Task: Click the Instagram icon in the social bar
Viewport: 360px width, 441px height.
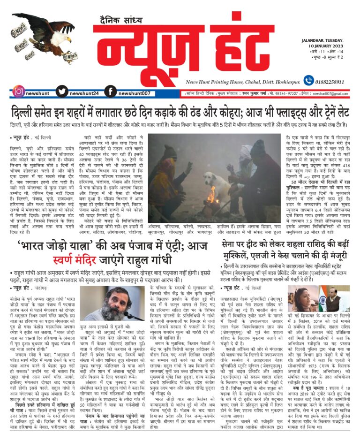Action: coord(18,92)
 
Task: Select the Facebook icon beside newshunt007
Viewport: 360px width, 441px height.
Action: coord(111,92)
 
